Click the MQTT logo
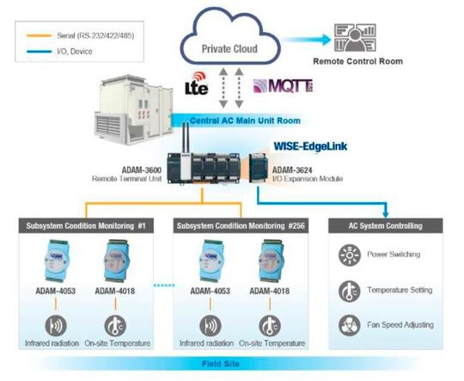point(277,86)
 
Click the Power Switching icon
point(348,255)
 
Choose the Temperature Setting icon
point(348,290)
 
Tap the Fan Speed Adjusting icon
point(348,324)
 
